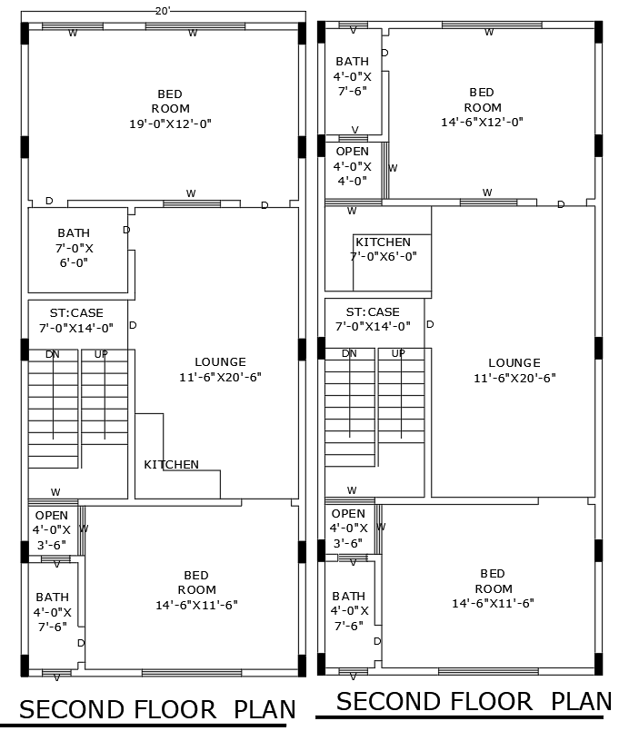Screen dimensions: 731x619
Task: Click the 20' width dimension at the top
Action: (x=163, y=11)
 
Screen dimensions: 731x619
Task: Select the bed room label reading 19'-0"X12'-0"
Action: (x=170, y=108)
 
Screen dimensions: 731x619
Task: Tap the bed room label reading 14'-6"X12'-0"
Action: (x=482, y=106)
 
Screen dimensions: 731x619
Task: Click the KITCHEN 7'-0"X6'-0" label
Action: (x=383, y=249)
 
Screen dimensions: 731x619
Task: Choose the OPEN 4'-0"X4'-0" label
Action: (x=353, y=166)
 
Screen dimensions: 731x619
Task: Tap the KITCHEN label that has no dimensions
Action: (x=171, y=464)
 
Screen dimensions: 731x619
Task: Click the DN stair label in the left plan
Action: (x=53, y=354)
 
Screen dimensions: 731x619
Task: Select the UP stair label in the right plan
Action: (x=398, y=353)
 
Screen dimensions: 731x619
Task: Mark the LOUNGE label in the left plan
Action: (x=220, y=369)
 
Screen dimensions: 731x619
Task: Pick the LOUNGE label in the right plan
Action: (x=514, y=370)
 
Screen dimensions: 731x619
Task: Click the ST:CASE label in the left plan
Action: (x=76, y=320)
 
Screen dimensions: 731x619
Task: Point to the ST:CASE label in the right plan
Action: (x=373, y=319)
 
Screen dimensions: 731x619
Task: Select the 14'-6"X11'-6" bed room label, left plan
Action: (x=196, y=589)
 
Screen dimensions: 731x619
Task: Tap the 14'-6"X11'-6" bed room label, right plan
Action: (x=493, y=588)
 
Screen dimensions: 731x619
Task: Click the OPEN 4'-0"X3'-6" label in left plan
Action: (x=51, y=529)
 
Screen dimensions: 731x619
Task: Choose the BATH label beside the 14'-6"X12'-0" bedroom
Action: (x=352, y=75)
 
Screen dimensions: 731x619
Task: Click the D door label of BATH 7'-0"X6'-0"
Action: (x=126, y=230)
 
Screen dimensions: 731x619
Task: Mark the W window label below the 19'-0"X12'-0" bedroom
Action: (x=191, y=193)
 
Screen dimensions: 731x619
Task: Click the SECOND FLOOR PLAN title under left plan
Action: (x=157, y=709)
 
